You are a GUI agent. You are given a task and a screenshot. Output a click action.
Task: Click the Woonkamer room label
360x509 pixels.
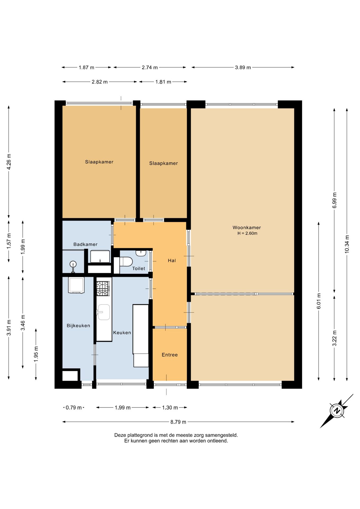(x=247, y=227)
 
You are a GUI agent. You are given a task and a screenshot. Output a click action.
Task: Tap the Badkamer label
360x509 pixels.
(x=85, y=244)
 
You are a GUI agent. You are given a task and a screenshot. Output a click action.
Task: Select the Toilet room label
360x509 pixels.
(x=139, y=269)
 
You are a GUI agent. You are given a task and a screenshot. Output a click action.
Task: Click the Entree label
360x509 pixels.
(x=170, y=355)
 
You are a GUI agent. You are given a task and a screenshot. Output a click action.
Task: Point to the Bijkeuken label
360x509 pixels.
(x=78, y=326)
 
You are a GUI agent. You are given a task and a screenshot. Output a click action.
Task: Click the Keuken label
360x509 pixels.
(x=122, y=332)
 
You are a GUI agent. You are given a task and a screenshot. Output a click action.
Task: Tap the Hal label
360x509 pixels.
(x=172, y=261)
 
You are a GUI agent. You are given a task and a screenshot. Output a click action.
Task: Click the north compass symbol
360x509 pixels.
(x=337, y=411)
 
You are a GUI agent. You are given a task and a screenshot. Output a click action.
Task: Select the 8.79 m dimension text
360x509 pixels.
(x=178, y=422)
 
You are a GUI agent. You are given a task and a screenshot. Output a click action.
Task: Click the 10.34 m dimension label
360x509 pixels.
(x=347, y=244)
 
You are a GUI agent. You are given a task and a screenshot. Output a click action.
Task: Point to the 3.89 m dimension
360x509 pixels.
(x=243, y=67)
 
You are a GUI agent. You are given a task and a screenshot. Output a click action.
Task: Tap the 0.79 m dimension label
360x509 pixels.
(x=73, y=407)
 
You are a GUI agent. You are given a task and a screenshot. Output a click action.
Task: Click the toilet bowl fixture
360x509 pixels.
(x=126, y=262)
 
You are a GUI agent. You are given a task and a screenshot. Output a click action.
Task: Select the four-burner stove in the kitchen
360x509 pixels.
(x=103, y=288)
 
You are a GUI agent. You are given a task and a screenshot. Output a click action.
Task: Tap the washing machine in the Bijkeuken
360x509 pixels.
(x=76, y=285)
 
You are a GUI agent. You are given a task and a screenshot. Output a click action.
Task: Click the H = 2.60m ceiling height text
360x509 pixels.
(x=247, y=233)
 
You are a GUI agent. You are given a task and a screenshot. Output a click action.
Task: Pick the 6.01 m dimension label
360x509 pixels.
(x=319, y=301)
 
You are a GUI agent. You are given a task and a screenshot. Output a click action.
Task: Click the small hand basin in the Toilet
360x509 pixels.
(x=141, y=253)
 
